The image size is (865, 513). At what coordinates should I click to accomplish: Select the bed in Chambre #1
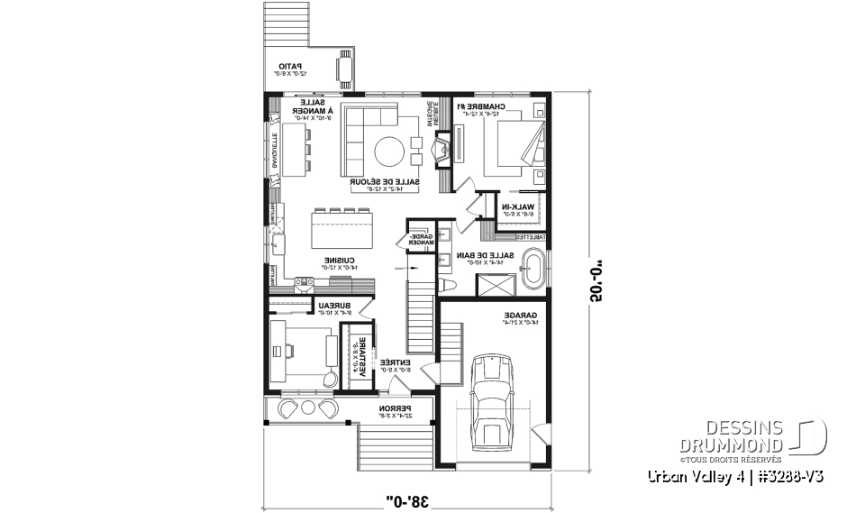tap(514, 147)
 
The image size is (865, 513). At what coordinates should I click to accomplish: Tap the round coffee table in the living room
tap(390, 151)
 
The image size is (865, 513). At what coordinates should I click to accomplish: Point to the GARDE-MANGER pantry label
tap(421, 239)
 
